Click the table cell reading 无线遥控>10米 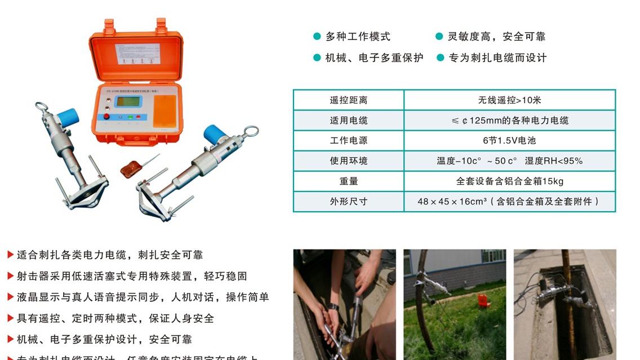coord(509,100)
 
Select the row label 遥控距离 coord(348,100)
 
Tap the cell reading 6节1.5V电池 coord(509,140)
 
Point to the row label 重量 coord(348,181)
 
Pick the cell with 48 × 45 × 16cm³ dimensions coord(509,201)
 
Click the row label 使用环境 coord(348,161)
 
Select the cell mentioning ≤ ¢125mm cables coord(509,121)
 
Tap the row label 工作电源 coord(348,140)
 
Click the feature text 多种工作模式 coord(358,37)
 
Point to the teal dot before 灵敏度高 coord(439,37)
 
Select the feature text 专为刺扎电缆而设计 coord(497,57)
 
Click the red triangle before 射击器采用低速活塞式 coord(10,276)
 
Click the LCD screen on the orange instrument coord(128,101)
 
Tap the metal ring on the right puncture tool coord(251,132)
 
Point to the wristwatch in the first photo coord(334,307)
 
